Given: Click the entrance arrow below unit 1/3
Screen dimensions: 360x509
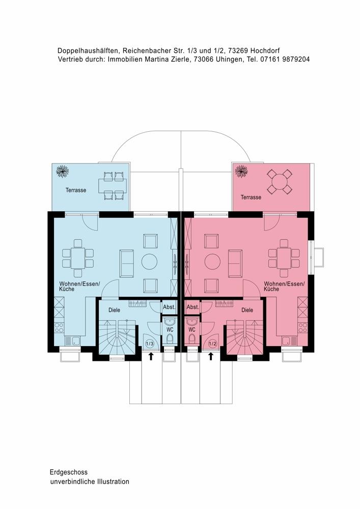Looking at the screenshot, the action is coord(151,356).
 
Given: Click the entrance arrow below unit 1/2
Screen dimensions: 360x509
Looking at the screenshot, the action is coord(211,356).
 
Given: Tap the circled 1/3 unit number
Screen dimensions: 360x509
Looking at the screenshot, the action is coord(150,344).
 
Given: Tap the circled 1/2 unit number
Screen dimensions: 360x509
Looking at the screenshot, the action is coord(212,344).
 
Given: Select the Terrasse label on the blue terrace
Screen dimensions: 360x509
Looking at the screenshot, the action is coord(76,190).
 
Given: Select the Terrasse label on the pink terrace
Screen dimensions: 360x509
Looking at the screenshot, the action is coord(251,197).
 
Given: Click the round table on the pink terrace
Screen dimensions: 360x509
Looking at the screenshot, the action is coord(280,182).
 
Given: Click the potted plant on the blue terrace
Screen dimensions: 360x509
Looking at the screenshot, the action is coord(62,171).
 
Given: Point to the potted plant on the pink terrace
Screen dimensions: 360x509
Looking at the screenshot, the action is coord(241,171).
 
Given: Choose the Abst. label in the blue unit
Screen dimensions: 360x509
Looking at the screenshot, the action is coord(169,307).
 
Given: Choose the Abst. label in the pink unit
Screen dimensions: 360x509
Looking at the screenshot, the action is coord(193,307).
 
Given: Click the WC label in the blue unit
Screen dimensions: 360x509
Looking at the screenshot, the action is coord(170,329).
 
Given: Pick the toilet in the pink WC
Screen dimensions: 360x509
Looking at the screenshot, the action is coord(192,339).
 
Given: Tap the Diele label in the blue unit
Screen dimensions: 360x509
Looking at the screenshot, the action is coord(114,310).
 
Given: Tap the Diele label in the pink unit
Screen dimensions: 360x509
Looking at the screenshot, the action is coord(247,310).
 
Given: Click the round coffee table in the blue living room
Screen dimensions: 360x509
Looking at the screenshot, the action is coord(149,261).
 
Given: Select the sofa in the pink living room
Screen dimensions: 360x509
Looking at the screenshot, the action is coord(235,263).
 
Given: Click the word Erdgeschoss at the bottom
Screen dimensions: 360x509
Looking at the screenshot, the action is coord(69,472).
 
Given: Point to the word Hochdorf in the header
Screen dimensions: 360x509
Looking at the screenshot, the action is coord(265,50).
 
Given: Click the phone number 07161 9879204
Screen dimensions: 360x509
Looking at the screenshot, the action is coord(285,60).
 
